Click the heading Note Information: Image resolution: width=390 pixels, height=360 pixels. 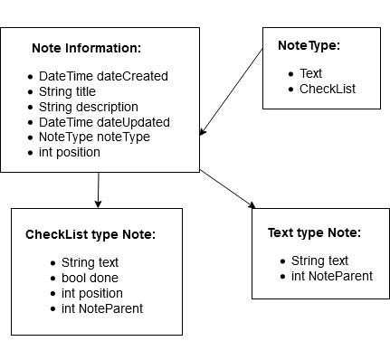(x=86, y=48)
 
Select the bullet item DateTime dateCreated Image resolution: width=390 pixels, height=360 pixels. (x=103, y=77)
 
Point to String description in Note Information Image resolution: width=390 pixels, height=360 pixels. (x=89, y=107)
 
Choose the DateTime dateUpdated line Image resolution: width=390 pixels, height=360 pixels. (x=104, y=122)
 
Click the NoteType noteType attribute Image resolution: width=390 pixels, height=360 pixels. (x=94, y=137)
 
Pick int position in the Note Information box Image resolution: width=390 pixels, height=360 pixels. (x=69, y=152)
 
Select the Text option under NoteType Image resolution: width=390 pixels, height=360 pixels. (x=310, y=73)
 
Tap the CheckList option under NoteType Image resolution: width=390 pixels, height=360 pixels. (x=328, y=89)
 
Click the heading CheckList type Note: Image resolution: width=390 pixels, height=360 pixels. (x=90, y=234)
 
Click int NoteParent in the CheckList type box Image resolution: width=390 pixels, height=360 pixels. (x=101, y=308)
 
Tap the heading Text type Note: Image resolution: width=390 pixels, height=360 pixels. (x=314, y=232)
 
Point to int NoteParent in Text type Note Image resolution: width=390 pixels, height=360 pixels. (x=331, y=276)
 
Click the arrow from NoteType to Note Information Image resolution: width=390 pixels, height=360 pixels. (x=233, y=90)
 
